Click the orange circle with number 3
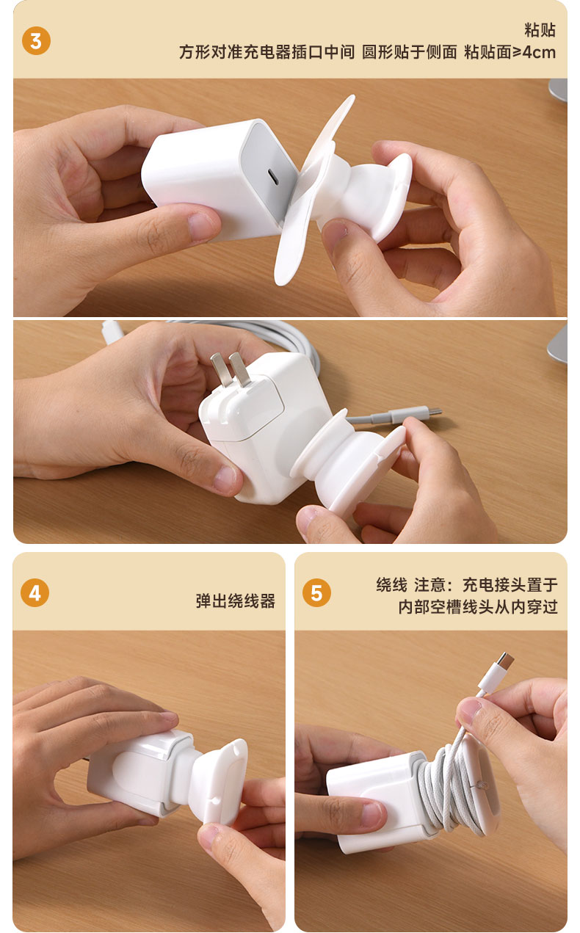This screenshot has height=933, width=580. [x=36, y=41]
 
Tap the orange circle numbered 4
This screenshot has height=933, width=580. [x=35, y=592]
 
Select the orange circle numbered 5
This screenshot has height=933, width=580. [x=316, y=592]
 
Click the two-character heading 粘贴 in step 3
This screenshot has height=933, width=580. [x=540, y=30]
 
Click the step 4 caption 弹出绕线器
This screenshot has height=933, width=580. [x=236, y=601]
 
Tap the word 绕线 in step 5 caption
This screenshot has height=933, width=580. [x=391, y=585]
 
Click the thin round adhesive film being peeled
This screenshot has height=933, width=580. [x=312, y=192]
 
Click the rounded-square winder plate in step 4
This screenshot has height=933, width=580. [x=224, y=781]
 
